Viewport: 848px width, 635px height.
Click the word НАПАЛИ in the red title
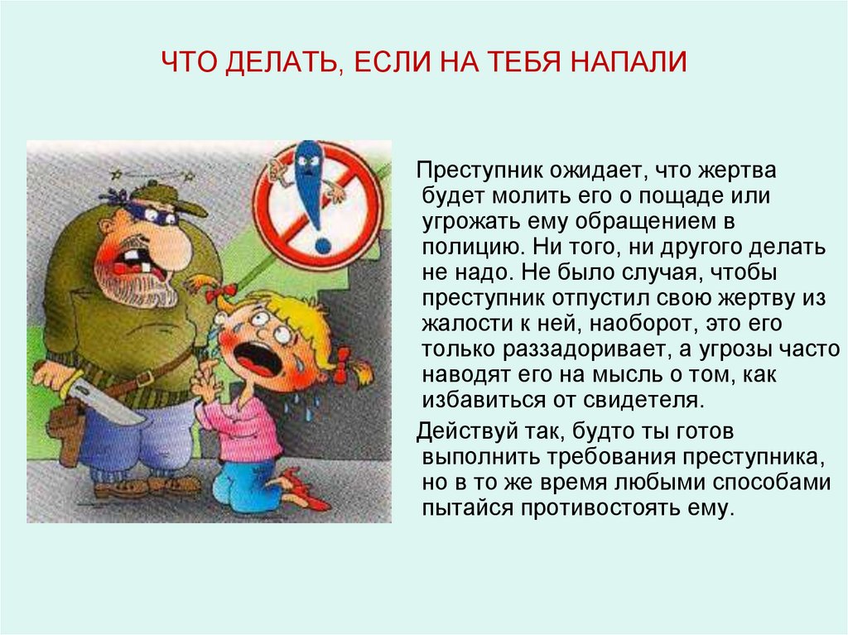[629, 61]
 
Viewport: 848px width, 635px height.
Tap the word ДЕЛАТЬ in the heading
[285, 62]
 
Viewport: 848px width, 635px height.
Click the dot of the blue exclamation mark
[322, 245]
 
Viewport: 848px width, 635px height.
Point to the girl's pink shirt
[243, 427]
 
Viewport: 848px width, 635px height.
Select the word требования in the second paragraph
[610, 458]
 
